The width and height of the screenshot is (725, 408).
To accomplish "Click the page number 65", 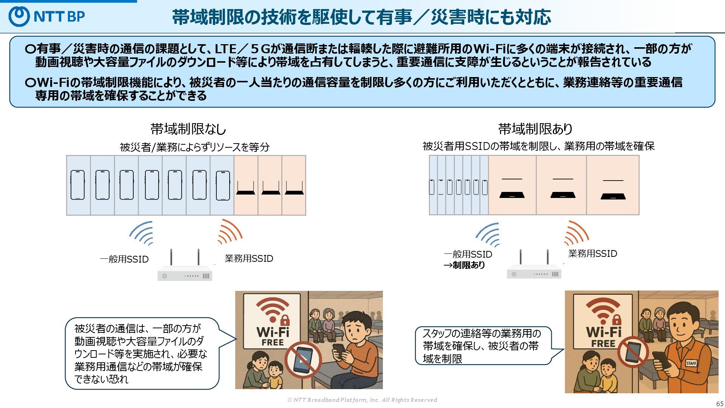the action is coord(720,403).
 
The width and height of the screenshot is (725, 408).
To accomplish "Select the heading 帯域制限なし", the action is coord(188,129).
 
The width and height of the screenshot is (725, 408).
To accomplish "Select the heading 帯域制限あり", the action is coord(535,129).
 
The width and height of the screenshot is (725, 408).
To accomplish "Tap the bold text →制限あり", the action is coord(464,265).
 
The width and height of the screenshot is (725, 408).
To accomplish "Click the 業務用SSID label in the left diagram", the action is coord(249,259).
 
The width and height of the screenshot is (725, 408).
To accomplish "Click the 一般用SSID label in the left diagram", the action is coord(124,260).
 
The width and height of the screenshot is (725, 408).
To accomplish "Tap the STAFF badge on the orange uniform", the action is coord(691,363).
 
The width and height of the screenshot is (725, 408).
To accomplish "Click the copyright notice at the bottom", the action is coord(362,400).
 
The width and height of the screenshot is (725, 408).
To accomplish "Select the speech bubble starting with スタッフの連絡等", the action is coord(483,346).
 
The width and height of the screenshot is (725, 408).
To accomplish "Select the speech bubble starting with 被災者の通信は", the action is coord(142,354).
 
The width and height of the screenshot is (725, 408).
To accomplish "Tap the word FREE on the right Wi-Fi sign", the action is coord(603,344).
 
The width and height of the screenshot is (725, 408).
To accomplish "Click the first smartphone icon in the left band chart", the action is coord(77,185).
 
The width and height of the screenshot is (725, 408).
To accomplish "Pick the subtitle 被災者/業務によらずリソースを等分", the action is coord(194,147).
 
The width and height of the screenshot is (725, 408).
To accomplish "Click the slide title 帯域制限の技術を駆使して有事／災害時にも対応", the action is coord(361,17).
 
